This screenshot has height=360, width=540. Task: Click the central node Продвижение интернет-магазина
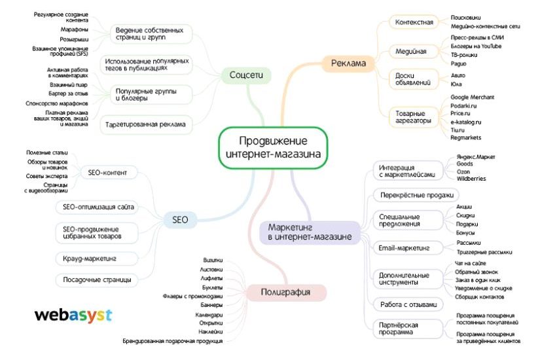point(273,148)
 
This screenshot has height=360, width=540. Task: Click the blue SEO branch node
point(180,220)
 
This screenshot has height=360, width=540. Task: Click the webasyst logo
point(73,315)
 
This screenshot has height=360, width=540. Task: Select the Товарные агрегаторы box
point(413,117)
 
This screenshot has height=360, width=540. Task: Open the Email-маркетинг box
point(403,248)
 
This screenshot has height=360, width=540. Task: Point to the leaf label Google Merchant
point(472,97)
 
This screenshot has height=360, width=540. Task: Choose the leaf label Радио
point(458,63)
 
